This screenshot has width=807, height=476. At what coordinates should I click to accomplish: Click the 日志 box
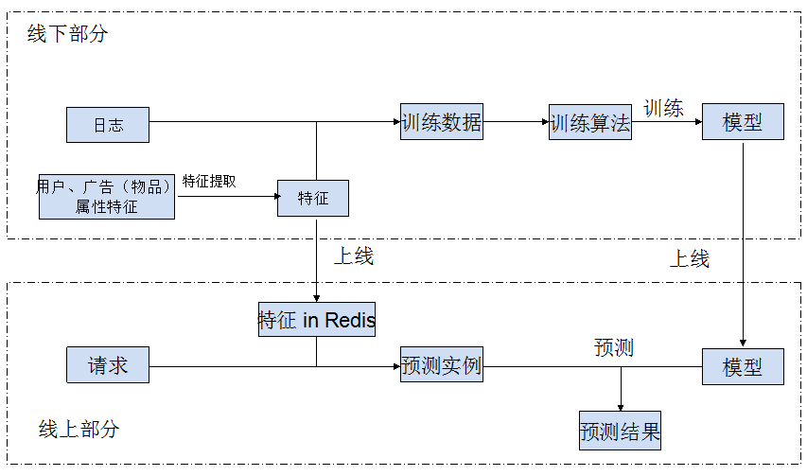pyautogui.click(x=107, y=125)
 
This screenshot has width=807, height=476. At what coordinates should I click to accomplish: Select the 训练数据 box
pyautogui.click(x=441, y=122)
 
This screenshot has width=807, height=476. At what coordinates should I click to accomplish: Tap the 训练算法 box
pyautogui.click(x=589, y=123)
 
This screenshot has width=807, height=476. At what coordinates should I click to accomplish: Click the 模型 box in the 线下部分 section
pyautogui.click(x=743, y=122)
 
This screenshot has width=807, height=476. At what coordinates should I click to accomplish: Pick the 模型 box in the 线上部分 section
pyautogui.click(x=743, y=366)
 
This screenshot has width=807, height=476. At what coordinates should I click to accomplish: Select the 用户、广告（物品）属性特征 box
pyautogui.click(x=107, y=196)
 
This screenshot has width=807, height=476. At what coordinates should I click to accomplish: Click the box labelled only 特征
pyautogui.click(x=313, y=198)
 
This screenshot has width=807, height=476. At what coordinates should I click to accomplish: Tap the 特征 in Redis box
pyautogui.click(x=316, y=320)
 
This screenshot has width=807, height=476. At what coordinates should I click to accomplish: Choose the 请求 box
pyautogui.click(x=107, y=365)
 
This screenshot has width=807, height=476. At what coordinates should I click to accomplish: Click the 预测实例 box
pyautogui.click(x=441, y=365)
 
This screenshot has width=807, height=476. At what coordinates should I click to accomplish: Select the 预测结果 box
pyautogui.click(x=620, y=432)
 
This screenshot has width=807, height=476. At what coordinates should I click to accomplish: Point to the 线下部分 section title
pyautogui.click(x=67, y=34)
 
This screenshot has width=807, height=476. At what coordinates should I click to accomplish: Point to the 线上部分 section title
pyautogui.click(x=79, y=429)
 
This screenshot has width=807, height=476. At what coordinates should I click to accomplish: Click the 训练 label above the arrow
pyautogui.click(x=663, y=108)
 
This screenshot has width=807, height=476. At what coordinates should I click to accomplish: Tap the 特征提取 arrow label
pyautogui.click(x=209, y=181)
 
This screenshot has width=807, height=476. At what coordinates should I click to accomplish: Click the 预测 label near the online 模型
pyautogui.click(x=613, y=347)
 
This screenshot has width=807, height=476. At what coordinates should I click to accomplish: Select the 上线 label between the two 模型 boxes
pyautogui.click(x=690, y=258)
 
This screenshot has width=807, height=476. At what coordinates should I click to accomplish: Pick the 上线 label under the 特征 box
pyautogui.click(x=353, y=256)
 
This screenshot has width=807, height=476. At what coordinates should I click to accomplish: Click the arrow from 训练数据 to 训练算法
pyautogui.click(x=516, y=122)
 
